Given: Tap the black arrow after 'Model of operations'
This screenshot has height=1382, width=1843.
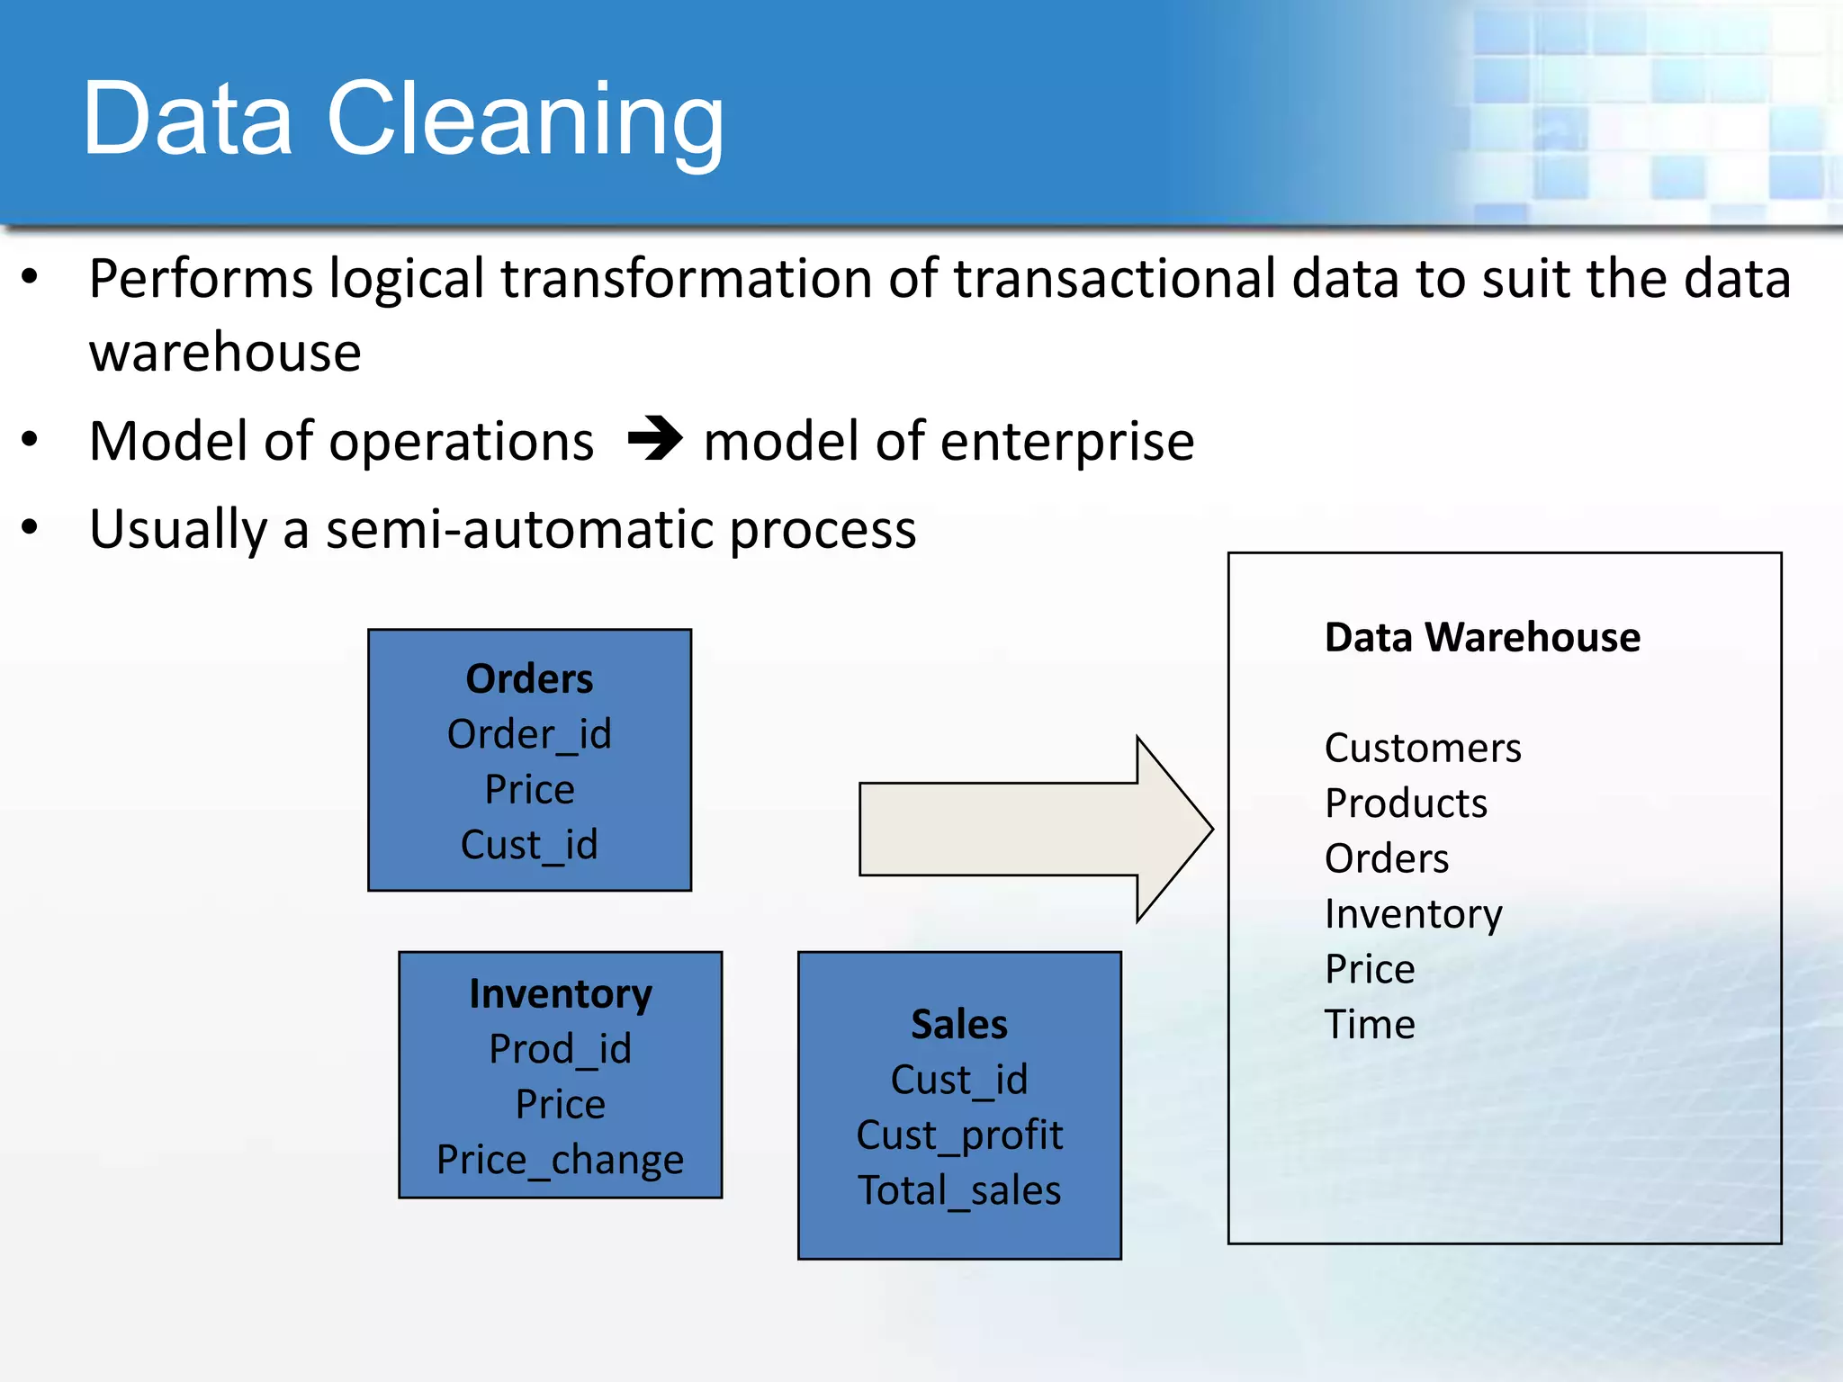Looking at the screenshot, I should [655, 438].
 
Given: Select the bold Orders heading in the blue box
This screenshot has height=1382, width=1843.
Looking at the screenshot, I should [529, 678].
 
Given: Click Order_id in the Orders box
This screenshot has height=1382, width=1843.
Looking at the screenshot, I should [529, 734].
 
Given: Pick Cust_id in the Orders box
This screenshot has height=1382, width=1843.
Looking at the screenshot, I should [529, 845].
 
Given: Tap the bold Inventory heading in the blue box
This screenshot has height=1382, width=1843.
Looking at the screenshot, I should [560, 993].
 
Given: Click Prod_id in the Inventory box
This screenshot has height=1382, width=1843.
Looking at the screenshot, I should [560, 1049].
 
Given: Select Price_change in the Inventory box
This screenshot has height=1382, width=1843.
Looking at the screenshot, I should [560, 1160].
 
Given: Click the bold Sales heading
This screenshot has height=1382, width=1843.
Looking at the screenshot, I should [959, 1024].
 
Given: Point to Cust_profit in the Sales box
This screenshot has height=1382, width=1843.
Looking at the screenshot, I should [959, 1135].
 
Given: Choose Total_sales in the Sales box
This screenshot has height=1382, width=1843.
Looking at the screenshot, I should [959, 1190].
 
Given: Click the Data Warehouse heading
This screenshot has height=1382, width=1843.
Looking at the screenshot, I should [1482, 637].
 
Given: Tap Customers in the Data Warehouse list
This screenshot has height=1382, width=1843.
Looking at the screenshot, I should [1423, 749].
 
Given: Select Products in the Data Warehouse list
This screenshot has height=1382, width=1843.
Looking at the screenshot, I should [1406, 803].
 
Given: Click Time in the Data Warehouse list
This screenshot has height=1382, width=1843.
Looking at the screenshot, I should [1370, 1025].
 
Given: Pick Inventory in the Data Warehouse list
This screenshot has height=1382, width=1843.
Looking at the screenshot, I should [1413, 914].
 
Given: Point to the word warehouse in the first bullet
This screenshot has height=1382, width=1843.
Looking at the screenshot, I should [225, 352].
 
